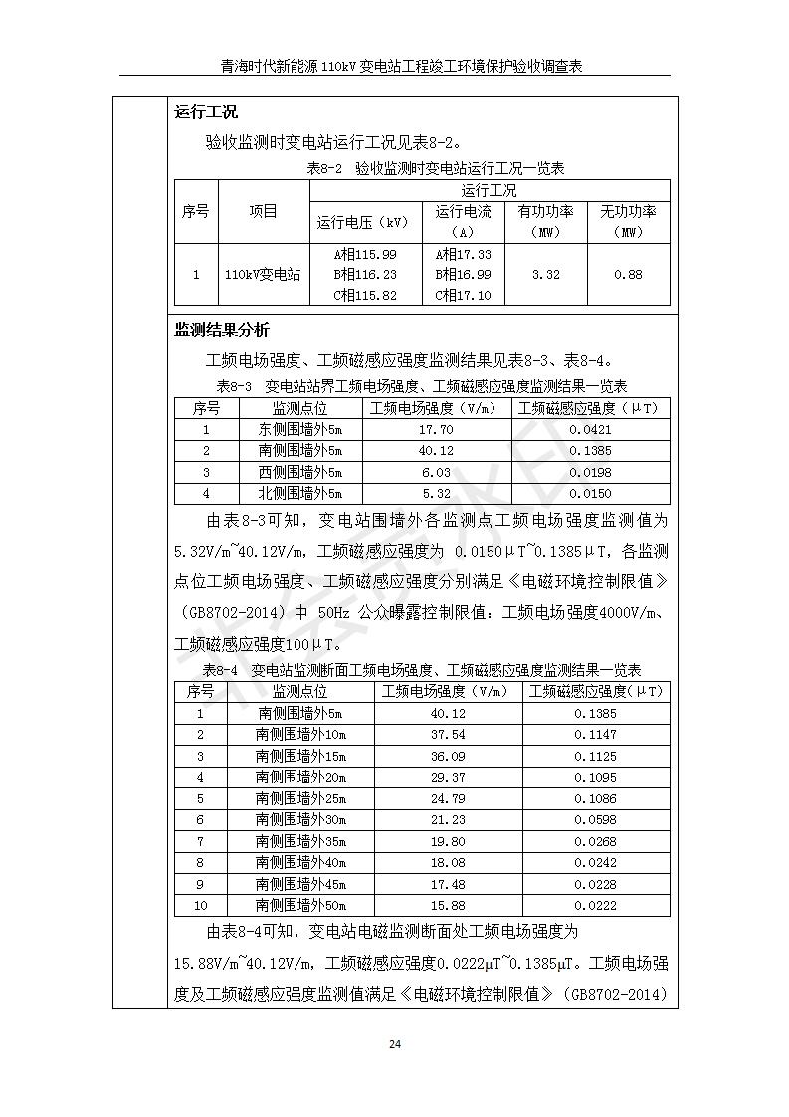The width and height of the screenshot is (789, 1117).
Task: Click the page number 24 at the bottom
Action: (x=395, y=1044)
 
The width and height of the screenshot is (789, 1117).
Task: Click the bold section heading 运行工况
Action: (x=206, y=112)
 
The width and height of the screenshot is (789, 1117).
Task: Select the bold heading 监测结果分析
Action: (x=221, y=331)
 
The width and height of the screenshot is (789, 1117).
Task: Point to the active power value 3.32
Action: (x=546, y=274)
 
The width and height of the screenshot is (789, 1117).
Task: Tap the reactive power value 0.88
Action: (x=628, y=274)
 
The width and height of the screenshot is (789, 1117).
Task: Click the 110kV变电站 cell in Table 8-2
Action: (x=263, y=274)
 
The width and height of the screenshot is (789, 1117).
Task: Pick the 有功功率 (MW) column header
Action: (x=546, y=221)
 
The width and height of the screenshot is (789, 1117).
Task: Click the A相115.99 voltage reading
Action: (x=365, y=254)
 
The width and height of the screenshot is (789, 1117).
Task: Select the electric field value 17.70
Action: (x=436, y=430)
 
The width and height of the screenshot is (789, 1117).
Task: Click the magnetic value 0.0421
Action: (x=591, y=430)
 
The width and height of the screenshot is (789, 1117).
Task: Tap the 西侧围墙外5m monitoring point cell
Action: (x=299, y=472)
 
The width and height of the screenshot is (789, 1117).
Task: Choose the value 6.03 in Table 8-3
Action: (x=436, y=472)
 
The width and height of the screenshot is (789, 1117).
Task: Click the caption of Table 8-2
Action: (x=435, y=169)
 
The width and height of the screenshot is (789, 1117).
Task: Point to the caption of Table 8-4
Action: (x=422, y=670)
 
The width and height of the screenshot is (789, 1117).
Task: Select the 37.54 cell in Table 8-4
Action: (x=447, y=735)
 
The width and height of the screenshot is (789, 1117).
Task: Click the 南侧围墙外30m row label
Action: (x=300, y=820)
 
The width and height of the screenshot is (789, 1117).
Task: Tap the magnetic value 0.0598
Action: (x=595, y=820)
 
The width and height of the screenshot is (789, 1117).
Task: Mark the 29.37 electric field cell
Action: (x=447, y=778)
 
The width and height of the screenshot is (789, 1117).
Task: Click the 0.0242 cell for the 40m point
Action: (x=595, y=863)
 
